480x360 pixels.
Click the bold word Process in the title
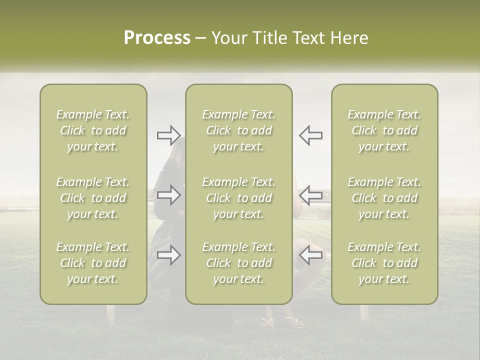[x=157, y=38]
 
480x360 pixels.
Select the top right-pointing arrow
[x=168, y=135]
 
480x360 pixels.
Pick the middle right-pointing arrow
[x=168, y=194]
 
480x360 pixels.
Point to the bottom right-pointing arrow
[x=168, y=255]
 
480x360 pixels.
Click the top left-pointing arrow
[x=310, y=135]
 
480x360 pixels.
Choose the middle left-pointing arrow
[x=310, y=194]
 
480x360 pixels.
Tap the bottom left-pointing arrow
[x=310, y=255]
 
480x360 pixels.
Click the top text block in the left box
[x=93, y=130]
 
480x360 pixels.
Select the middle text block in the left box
[x=93, y=198]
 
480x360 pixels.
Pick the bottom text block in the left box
[x=93, y=263]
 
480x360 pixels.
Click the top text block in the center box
[x=238, y=130]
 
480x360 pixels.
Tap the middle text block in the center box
[x=238, y=198]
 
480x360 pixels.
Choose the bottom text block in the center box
[x=238, y=263]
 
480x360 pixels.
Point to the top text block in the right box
[x=384, y=130]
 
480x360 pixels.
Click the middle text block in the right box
[x=384, y=198]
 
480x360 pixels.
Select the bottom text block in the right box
[x=384, y=263]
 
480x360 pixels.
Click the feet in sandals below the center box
[x=283, y=321]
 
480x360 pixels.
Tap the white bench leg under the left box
[x=110, y=312]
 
